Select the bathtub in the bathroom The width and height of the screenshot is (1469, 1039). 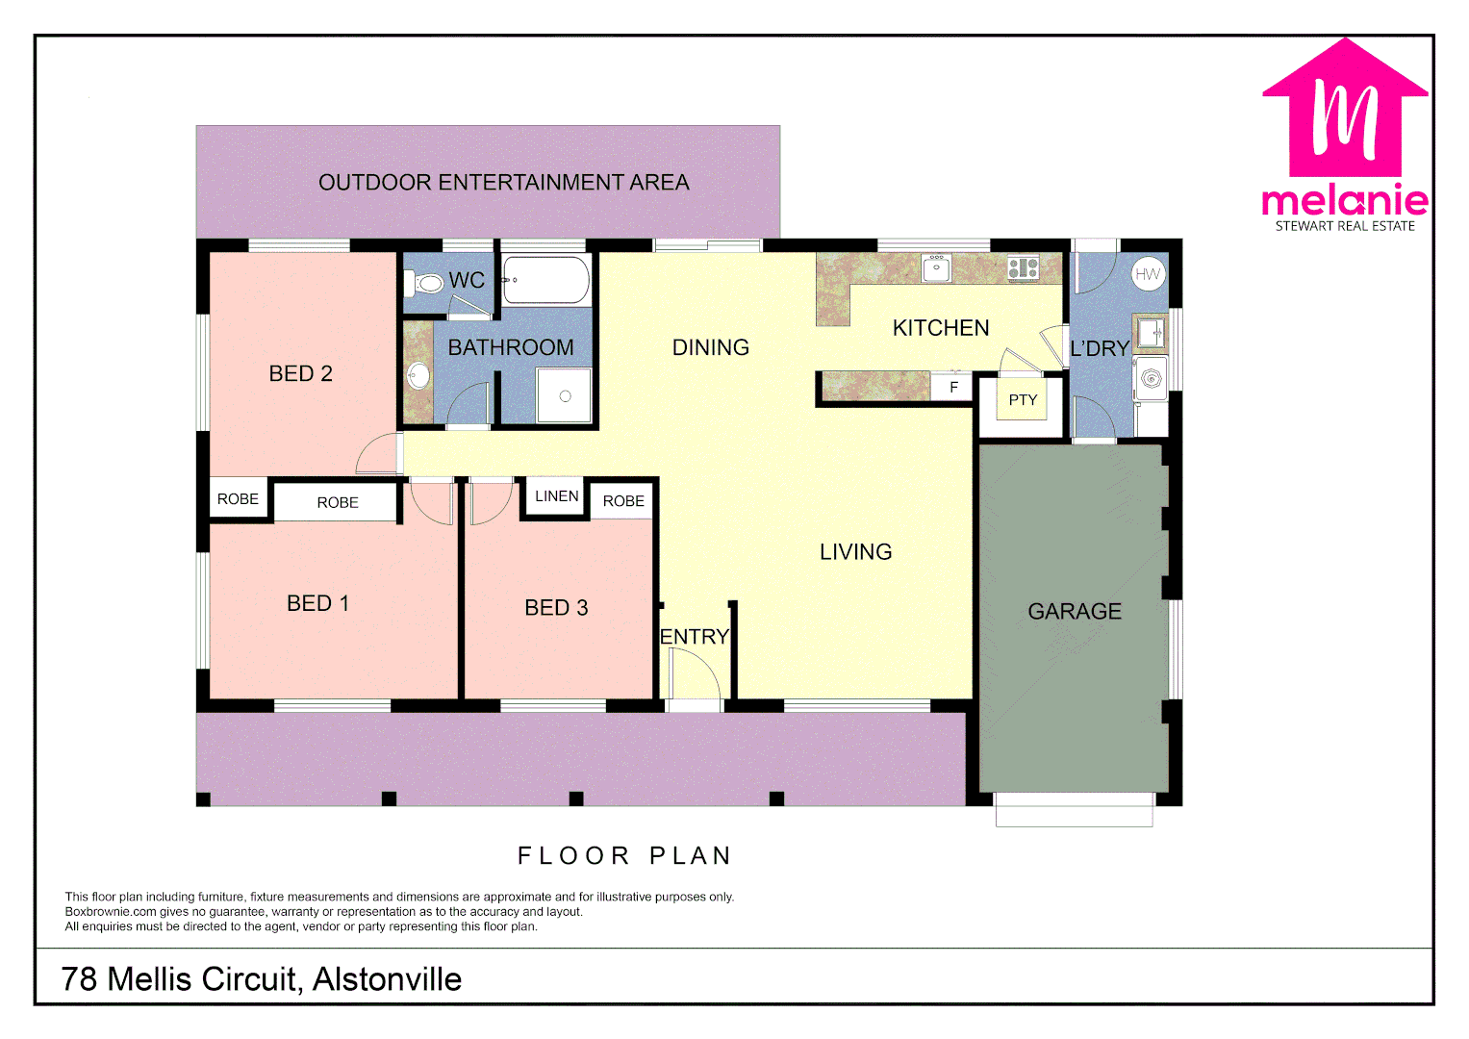coord(545,280)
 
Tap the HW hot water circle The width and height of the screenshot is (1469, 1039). coord(1148,274)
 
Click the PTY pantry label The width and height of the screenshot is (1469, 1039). coord(1023,400)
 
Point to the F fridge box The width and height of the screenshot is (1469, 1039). coord(953,387)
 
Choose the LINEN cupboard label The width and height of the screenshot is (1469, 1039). coord(556,496)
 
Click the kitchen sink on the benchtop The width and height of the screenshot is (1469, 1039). coord(936,267)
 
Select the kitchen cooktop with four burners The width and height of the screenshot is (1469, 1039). coord(1023,267)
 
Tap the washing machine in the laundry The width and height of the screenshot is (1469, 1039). coord(1151,378)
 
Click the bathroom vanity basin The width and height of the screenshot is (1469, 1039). coord(418,375)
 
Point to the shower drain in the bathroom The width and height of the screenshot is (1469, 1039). coord(565,396)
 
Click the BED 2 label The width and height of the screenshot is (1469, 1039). coord(300,373)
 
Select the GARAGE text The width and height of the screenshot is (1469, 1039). coord(1075,612)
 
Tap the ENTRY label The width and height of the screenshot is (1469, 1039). coord(695,637)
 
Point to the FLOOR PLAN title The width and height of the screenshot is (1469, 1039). coord(624,855)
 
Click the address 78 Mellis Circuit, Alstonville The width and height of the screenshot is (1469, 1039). coord(262,979)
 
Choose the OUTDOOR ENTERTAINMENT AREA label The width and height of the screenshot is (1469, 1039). coord(503,183)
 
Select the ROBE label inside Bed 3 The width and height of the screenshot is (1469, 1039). coord(623,501)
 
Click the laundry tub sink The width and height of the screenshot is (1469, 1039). coord(1150,333)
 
